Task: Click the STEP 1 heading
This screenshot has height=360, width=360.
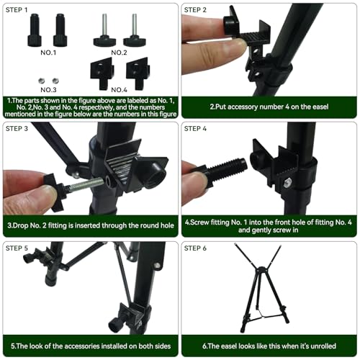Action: (17, 10)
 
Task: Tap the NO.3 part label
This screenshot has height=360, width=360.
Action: (48, 90)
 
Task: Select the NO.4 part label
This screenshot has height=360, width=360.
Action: (119, 90)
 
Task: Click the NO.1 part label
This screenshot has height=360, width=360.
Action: (48, 53)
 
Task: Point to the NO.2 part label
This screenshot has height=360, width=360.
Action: (119, 53)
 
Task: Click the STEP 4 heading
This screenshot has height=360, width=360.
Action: (195, 129)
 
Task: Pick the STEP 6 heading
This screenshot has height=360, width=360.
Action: (195, 248)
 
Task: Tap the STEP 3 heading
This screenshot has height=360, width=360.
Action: (17, 129)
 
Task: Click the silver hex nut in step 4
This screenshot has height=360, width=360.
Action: (287, 184)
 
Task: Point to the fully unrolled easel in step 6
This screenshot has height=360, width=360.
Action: (261, 288)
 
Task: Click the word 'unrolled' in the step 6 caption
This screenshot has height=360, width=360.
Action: (323, 346)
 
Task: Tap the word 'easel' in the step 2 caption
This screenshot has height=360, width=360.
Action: (320, 107)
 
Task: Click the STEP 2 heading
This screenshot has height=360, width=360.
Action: (195, 10)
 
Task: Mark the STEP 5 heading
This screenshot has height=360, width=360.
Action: (17, 248)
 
